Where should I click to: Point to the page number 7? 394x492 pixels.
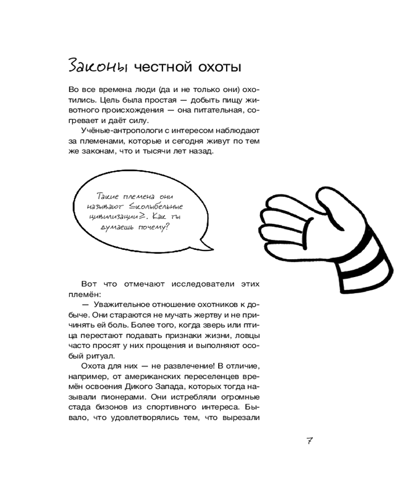[310, 441]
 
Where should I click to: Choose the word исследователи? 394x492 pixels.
[209, 284]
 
